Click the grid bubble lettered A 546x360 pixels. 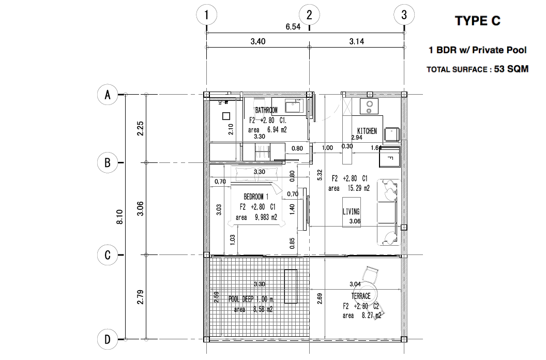108,95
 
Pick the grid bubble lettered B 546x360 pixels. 108,162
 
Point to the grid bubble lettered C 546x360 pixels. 108,254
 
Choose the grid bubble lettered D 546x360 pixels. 108,339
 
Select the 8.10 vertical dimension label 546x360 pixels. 120,217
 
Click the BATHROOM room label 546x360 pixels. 266,110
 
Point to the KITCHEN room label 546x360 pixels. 367,131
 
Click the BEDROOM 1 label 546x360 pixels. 256,197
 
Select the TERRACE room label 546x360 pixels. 361,296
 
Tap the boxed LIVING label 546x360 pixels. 351,212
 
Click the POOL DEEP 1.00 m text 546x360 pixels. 251,299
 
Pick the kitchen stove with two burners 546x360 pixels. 369,106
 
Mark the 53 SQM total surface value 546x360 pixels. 511,69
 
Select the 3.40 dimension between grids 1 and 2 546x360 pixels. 257,42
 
